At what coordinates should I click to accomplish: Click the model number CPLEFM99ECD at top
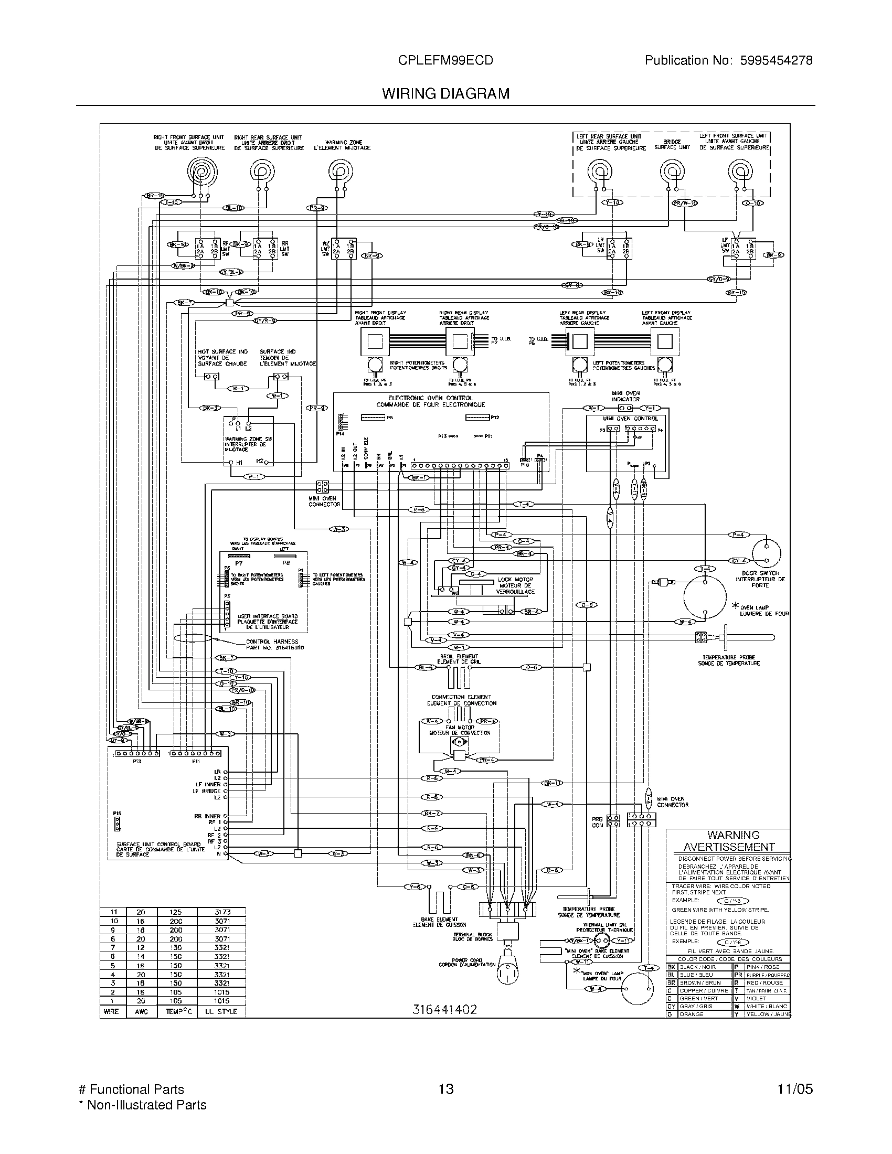click(x=445, y=61)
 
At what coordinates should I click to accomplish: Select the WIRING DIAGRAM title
click(x=446, y=94)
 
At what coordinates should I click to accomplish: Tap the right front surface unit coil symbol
click(x=200, y=173)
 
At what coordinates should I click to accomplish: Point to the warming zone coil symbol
click(x=339, y=170)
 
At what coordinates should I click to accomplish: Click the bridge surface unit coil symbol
click(x=672, y=172)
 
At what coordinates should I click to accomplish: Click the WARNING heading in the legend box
click(x=733, y=835)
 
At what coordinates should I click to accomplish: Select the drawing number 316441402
click(x=444, y=1010)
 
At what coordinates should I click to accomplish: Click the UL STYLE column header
click(x=221, y=1011)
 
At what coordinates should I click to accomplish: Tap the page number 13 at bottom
click(x=446, y=1089)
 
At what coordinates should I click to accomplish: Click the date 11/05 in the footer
click(x=795, y=1089)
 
